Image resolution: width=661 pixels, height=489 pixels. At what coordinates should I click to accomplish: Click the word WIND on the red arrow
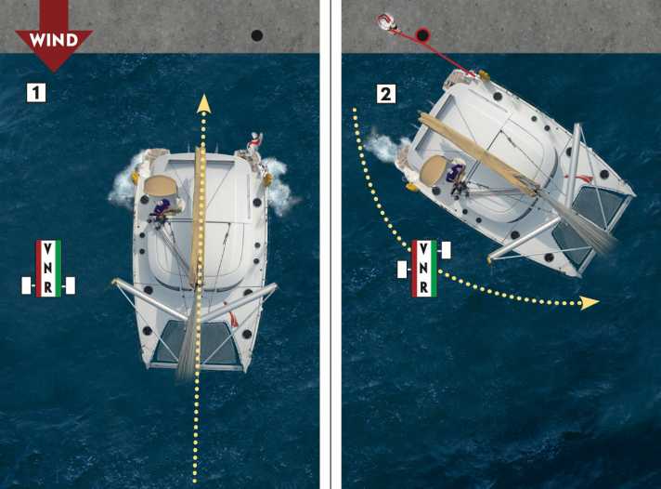coord(54,40)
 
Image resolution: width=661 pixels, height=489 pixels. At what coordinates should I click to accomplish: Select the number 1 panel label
coord(36,93)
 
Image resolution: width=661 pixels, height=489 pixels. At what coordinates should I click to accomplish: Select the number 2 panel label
coord(385,94)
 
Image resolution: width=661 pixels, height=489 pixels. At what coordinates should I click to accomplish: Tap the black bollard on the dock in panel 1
coord(257,35)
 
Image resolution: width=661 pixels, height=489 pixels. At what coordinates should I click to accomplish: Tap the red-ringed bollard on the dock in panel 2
coord(422,35)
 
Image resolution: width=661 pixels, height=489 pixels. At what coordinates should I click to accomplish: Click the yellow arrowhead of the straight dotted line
coord(204,103)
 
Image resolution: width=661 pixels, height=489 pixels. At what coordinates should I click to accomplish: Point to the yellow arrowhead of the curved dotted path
coord(590,302)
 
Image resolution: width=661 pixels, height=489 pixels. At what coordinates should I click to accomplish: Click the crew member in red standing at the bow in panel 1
coord(254,144)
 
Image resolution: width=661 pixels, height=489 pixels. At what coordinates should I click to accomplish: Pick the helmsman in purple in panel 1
coord(161,211)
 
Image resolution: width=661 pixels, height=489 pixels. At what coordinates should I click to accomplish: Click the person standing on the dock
coord(386,22)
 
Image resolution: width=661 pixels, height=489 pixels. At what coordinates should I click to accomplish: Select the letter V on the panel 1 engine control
coord(48,249)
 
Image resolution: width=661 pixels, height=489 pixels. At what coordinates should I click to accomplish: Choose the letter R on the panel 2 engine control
coord(423,287)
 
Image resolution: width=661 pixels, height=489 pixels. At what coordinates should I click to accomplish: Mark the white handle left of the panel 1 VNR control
coord(27,285)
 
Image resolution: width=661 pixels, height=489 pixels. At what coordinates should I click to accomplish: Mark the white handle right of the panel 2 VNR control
coord(446,250)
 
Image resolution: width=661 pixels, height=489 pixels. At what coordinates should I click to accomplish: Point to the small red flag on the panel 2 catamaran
coord(584,178)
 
